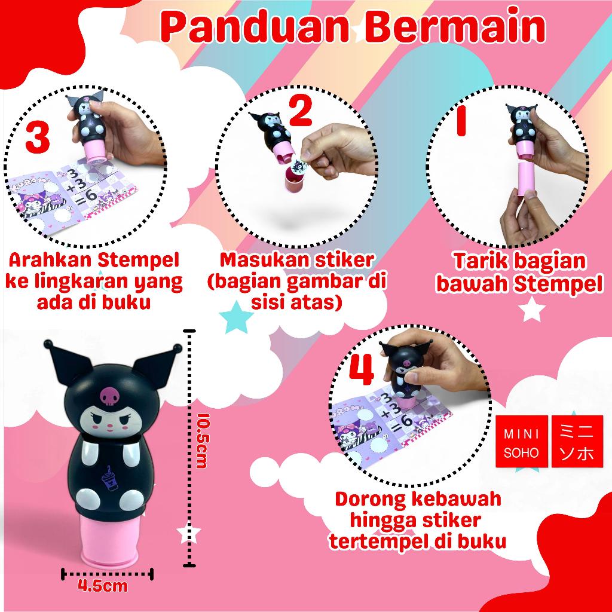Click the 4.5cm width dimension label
[103, 585]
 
